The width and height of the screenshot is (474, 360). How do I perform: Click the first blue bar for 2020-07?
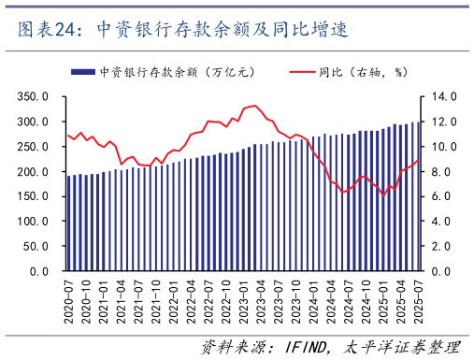coord(68,223)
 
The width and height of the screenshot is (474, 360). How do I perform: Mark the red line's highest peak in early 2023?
coord(255,106)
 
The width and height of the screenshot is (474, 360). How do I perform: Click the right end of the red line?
coord(419,160)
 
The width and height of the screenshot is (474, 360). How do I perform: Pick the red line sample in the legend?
coord(299,71)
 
